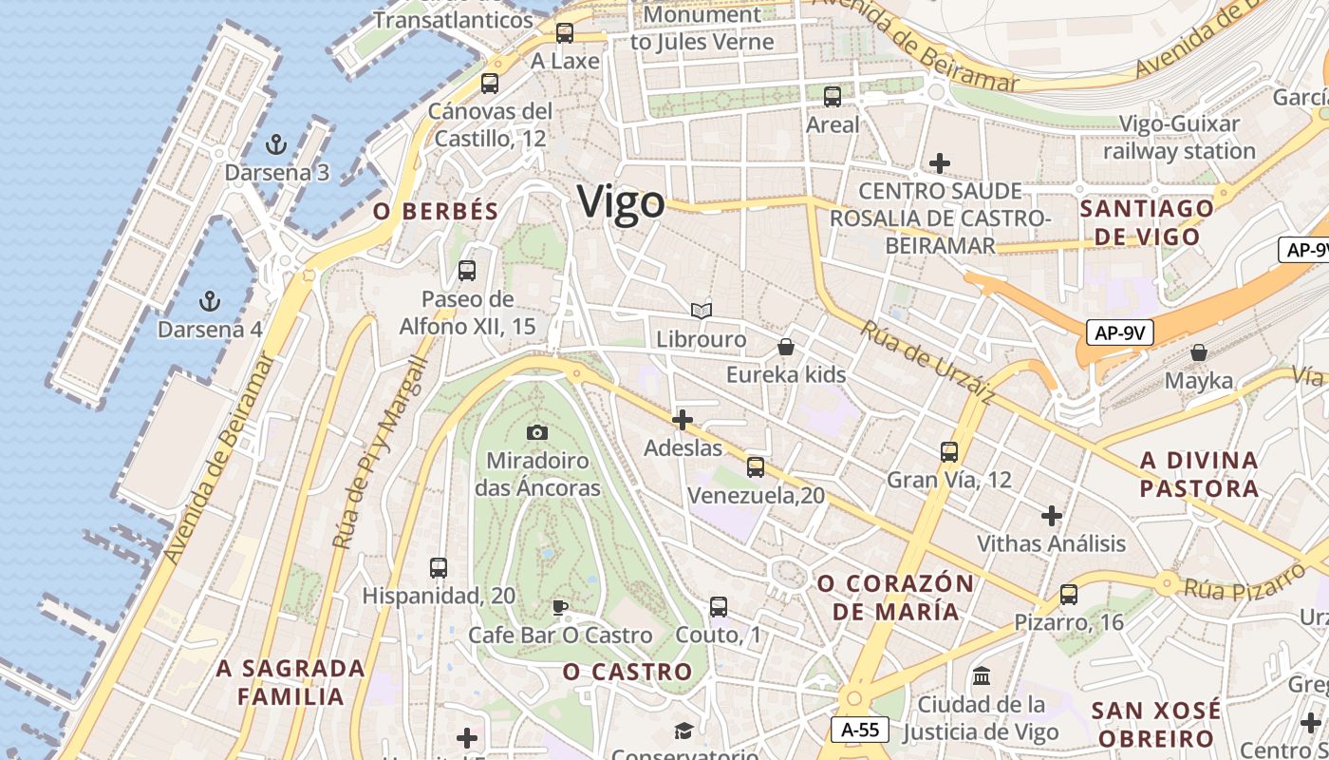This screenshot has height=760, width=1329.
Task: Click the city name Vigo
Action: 622,203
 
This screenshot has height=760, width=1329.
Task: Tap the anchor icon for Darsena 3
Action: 275,144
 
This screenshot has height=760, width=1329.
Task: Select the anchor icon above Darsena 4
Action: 209,302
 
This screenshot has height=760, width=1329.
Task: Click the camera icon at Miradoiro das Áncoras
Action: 537,433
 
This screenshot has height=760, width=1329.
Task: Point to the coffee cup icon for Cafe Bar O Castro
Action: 560,607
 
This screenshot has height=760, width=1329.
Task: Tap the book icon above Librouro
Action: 701,311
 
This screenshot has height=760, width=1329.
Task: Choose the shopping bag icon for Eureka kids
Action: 786,347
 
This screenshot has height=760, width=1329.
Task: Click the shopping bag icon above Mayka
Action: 1199,353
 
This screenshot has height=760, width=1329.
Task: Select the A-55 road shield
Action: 860,730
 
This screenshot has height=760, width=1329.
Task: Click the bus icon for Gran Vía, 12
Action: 949,452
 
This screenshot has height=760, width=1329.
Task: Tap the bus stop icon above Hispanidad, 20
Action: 439,568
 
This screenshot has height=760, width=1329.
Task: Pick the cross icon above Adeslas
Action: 682,419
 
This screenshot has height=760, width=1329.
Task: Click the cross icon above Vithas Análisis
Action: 1051,516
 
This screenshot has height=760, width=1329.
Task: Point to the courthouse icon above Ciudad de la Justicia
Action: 982,677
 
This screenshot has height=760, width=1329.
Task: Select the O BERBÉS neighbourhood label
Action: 436,212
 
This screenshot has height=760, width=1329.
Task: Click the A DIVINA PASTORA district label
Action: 1199,474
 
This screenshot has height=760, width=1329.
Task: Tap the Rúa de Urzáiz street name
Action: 927,363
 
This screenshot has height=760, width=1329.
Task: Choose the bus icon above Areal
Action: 833,97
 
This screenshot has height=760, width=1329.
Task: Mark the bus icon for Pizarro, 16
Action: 1069,595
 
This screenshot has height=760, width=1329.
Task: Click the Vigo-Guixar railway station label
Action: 1179,138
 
